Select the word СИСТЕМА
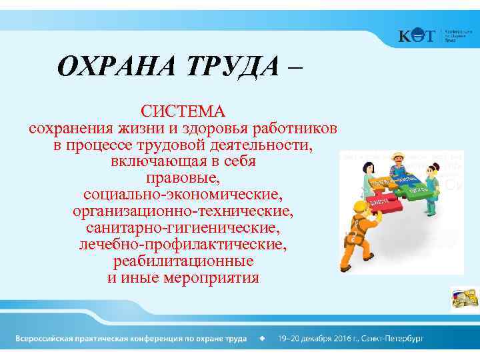pyautogui.click(x=183, y=109)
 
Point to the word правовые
pyautogui.click(x=183, y=179)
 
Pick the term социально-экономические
pyautogui.click(x=183, y=195)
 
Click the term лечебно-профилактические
pyautogui.click(x=183, y=245)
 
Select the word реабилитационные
pyautogui.click(x=183, y=261)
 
